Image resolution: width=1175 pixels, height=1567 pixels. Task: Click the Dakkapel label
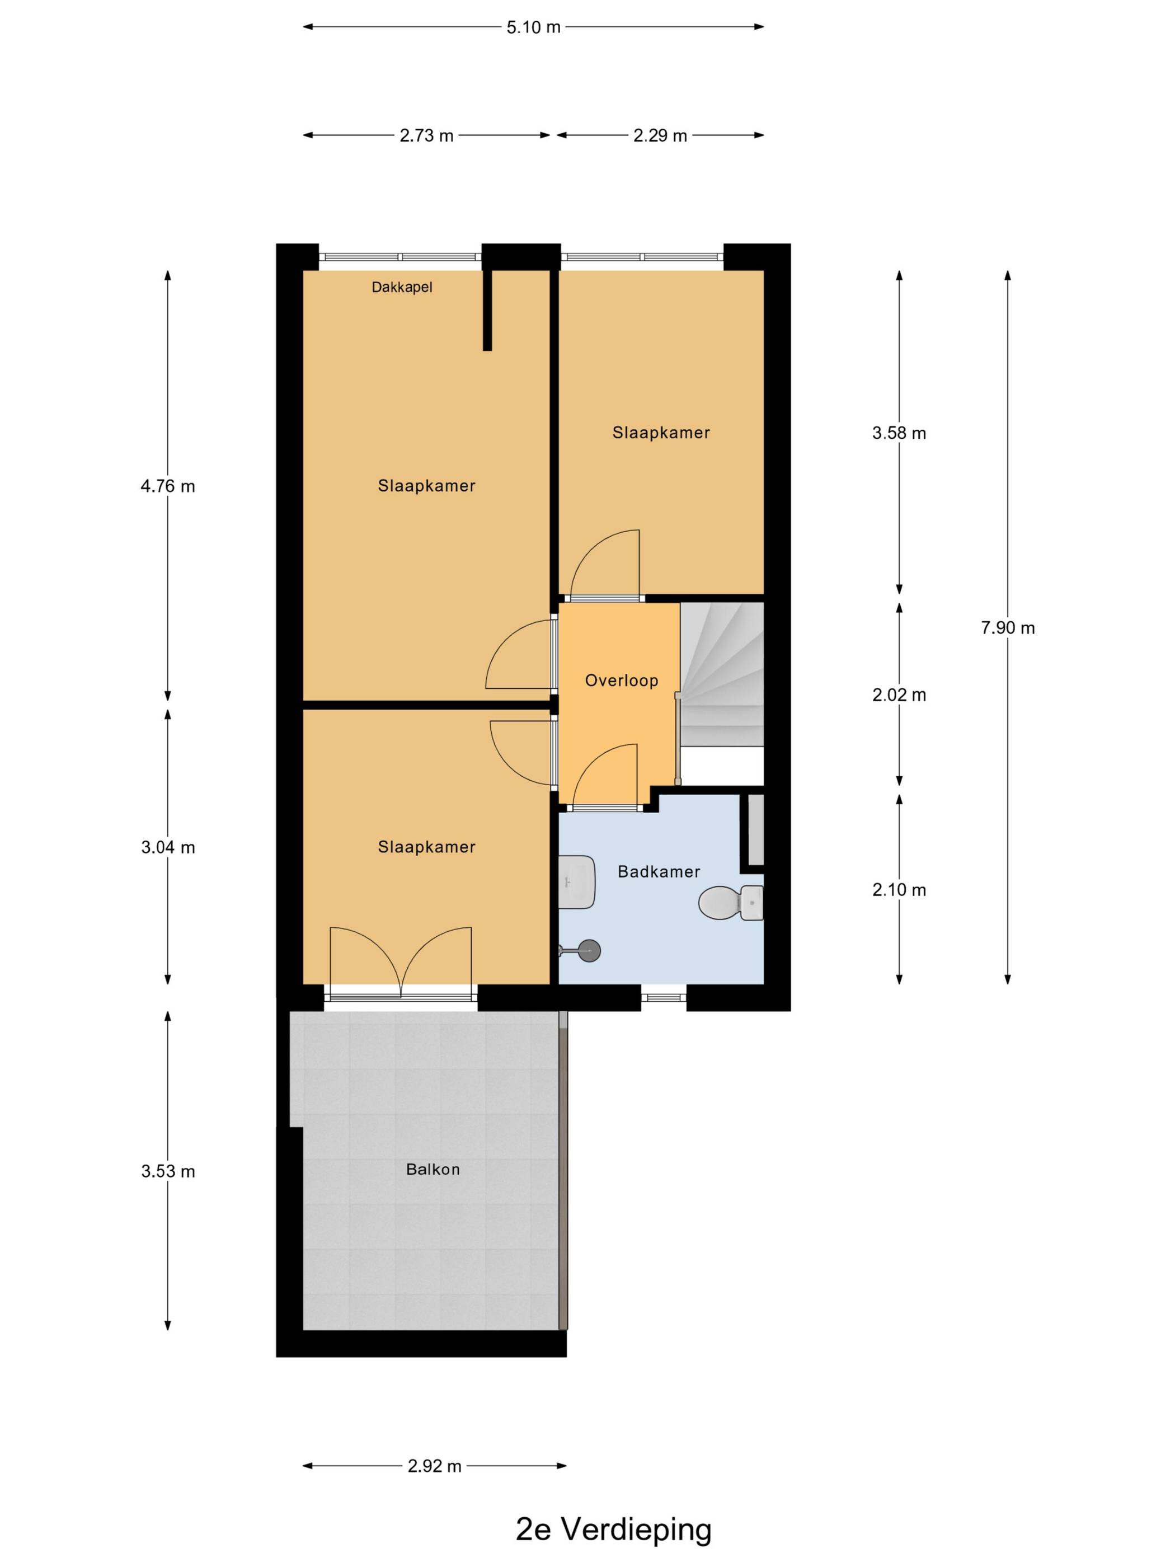click(x=402, y=287)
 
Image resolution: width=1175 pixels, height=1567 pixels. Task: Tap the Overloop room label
click(x=621, y=680)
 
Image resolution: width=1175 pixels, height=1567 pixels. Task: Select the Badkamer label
click(x=659, y=871)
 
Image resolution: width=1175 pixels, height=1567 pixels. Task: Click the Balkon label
click(x=433, y=1169)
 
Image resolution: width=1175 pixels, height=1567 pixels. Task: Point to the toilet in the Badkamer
click(x=731, y=903)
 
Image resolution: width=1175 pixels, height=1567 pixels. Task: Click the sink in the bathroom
click(x=576, y=882)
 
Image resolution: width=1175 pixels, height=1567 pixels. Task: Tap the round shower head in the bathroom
click(x=589, y=950)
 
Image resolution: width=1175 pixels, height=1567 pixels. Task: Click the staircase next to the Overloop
click(x=722, y=674)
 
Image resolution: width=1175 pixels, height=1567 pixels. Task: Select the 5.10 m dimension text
click(x=533, y=27)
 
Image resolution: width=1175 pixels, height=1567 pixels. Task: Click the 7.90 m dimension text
click(x=1008, y=628)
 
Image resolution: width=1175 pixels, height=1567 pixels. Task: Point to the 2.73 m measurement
click(x=426, y=135)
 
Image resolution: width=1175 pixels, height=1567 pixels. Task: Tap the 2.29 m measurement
click(x=660, y=135)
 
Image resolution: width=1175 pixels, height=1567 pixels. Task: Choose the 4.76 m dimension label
click(x=168, y=486)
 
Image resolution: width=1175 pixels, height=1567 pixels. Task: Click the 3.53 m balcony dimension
click(x=168, y=1171)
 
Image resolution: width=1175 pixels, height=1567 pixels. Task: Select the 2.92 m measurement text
click(x=434, y=1466)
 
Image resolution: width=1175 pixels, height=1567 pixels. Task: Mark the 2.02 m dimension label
click(x=899, y=695)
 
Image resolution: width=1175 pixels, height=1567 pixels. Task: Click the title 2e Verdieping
click(x=613, y=1530)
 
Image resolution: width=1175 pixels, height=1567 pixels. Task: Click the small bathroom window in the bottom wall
click(x=664, y=997)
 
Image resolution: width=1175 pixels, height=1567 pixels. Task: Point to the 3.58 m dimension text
click(x=899, y=433)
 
